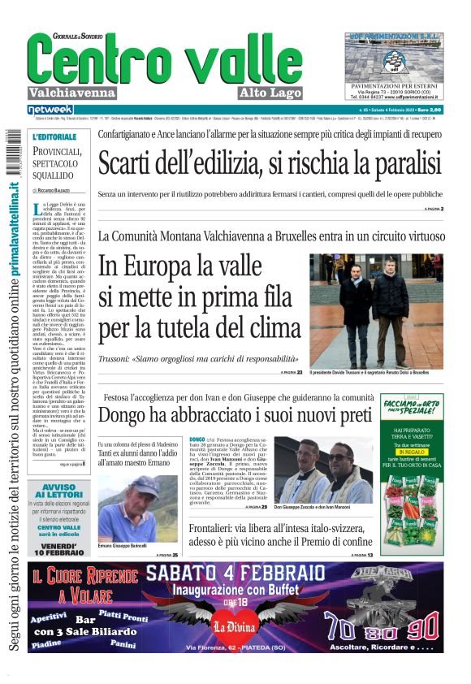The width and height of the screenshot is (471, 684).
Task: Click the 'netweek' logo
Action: (50, 109)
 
